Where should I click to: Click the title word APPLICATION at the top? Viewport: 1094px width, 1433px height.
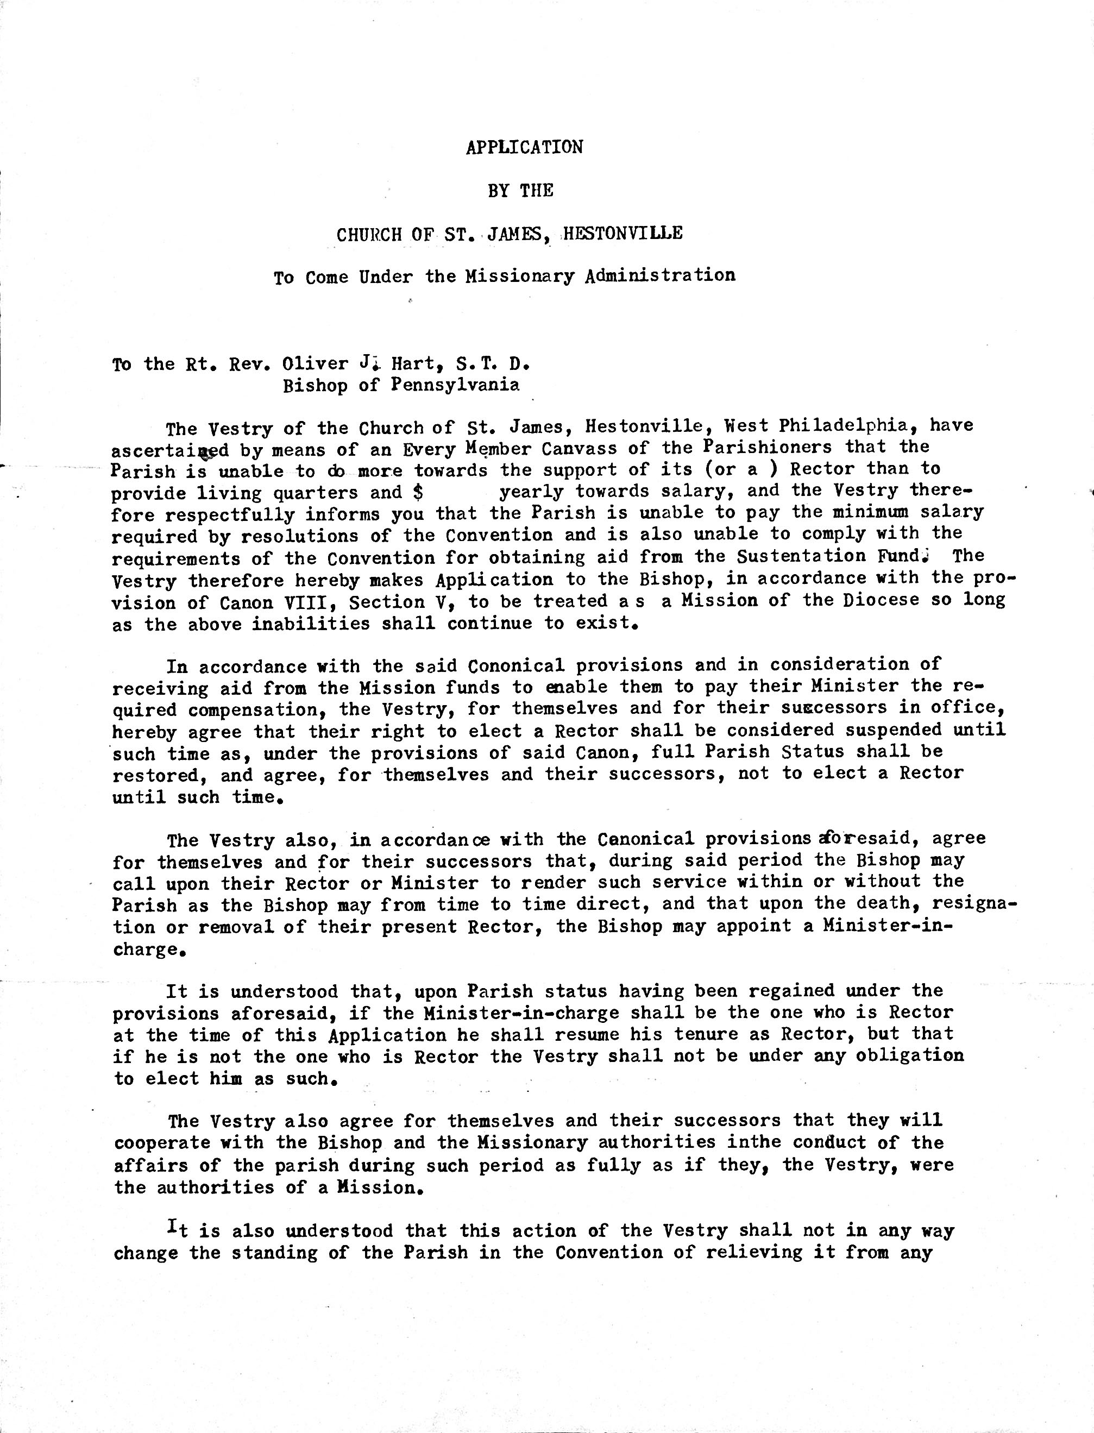click(524, 147)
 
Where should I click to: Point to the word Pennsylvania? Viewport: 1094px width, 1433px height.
click(455, 386)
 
